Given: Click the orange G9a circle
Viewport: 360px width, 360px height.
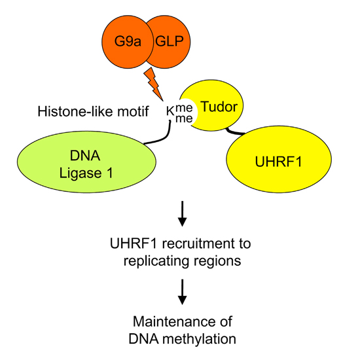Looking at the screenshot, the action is click(x=128, y=42).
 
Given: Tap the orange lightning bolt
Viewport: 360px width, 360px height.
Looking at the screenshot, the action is click(x=153, y=84).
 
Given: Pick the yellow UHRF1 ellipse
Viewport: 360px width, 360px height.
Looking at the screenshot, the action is click(x=279, y=159).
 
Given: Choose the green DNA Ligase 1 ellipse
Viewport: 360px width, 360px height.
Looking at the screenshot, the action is click(x=86, y=162).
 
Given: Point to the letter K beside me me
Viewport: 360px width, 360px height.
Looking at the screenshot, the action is click(x=170, y=112).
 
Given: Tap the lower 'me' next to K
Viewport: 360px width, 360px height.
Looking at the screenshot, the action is click(x=184, y=118).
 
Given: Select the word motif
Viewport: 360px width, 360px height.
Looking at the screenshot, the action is click(x=133, y=111).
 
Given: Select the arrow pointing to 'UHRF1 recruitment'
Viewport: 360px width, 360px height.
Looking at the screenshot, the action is click(x=183, y=213).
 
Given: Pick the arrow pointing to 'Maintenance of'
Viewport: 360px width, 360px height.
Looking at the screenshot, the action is click(x=183, y=292).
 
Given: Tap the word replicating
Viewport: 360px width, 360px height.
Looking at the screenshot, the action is click(x=157, y=261).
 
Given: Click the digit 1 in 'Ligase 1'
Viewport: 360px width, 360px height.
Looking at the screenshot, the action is click(x=110, y=173).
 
